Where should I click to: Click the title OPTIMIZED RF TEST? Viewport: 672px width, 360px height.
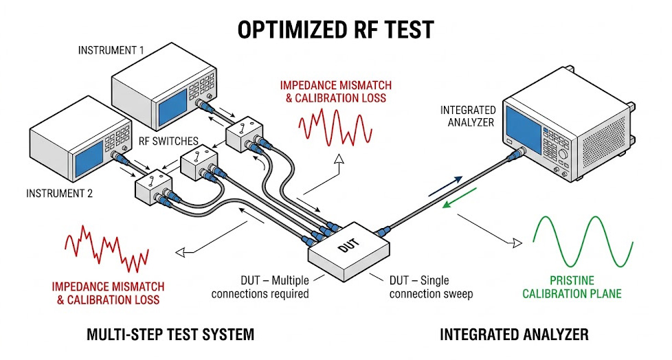[x=336, y=30]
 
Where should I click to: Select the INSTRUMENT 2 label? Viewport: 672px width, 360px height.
[x=59, y=193]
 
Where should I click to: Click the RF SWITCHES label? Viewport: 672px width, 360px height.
[x=168, y=142]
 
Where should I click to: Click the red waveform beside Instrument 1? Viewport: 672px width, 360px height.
[x=335, y=126]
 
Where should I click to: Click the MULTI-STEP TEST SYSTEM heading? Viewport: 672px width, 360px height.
[x=170, y=335]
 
